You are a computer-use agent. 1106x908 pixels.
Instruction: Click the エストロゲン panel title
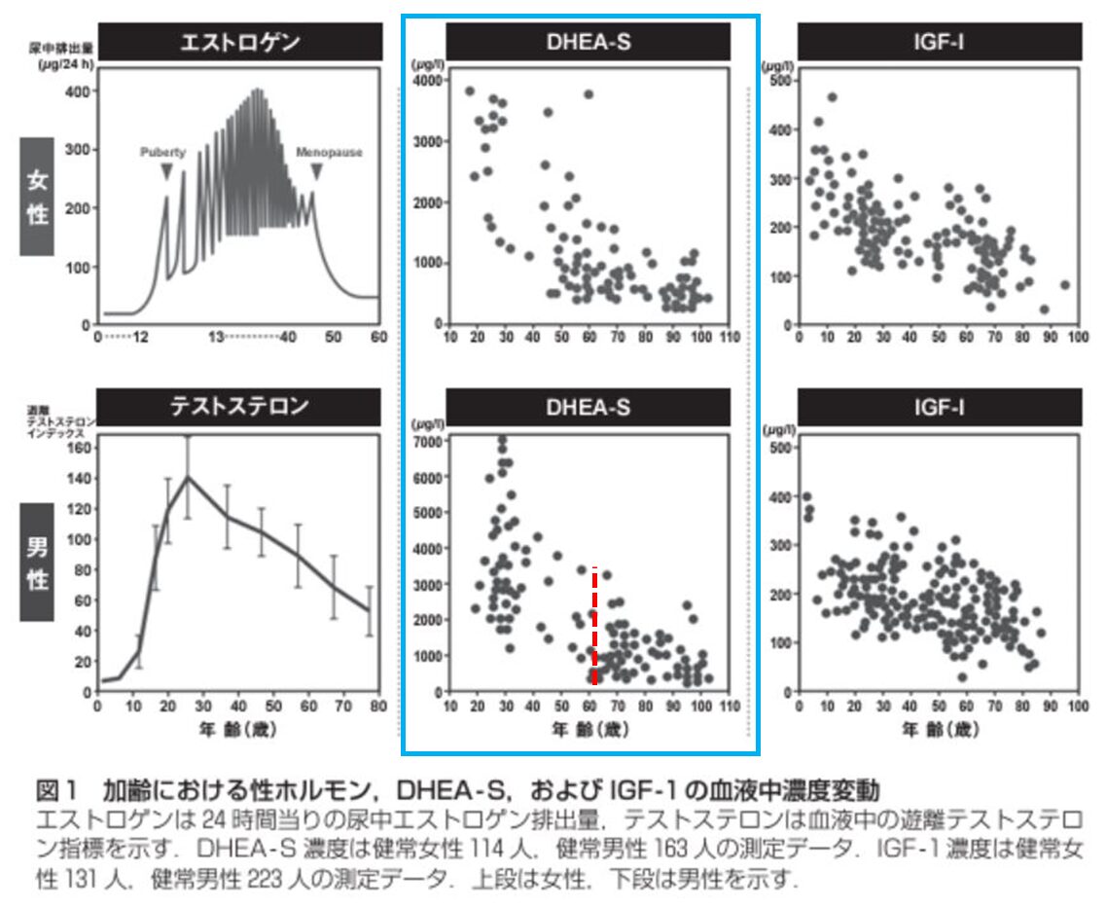pos(239,43)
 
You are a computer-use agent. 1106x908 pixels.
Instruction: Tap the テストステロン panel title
pos(239,407)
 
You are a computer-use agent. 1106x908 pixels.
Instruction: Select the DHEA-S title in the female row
pos(588,43)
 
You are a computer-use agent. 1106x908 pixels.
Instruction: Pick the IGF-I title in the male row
pos(939,407)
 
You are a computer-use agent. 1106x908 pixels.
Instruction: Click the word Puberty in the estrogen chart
pos(162,152)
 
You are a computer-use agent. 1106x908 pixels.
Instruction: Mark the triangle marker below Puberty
pos(166,171)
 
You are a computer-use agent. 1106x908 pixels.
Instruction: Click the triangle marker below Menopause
pos(316,171)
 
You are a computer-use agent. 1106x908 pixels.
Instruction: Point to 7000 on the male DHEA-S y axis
pos(428,441)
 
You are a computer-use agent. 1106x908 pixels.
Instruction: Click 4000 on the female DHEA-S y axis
pos(428,80)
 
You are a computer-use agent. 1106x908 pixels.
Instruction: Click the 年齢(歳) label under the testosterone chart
pos(238,727)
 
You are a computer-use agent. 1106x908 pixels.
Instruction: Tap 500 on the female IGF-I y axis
pos(778,80)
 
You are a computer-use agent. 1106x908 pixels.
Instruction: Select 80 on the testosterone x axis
pos(377,706)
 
